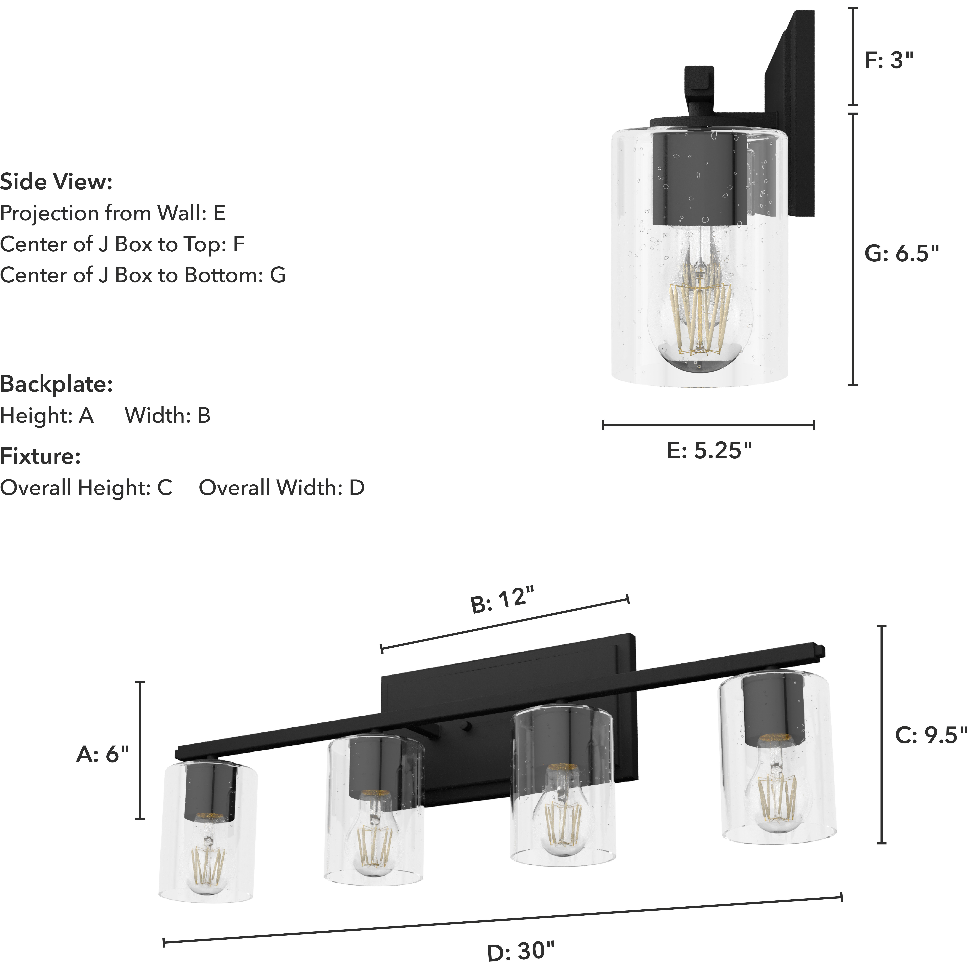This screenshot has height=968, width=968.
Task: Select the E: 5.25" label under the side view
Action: pyautogui.click(x=709, y=451)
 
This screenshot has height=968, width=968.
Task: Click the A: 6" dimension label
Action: pyautogui.click(x=103, y=754)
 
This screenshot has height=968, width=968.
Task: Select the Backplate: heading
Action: pyautogui.click(x=56, y=384)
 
